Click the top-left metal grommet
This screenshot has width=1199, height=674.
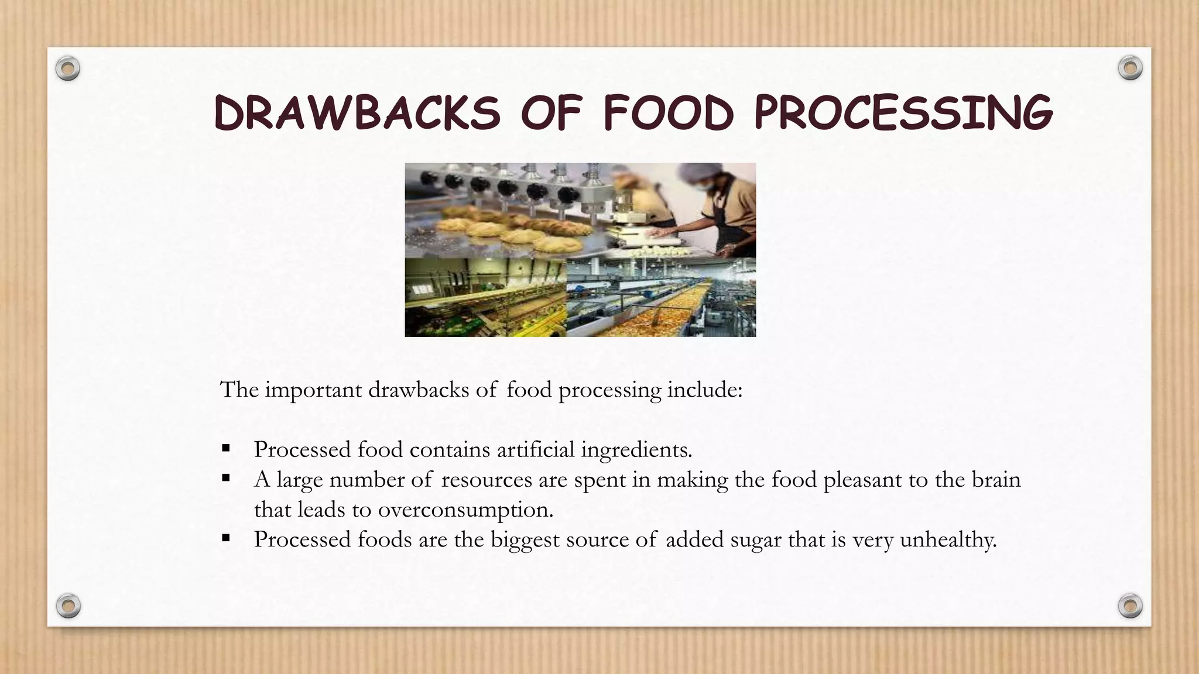(68, 69)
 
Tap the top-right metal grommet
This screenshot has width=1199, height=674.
(1130, 68)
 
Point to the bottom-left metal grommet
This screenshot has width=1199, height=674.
(68, 606)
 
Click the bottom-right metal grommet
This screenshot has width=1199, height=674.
(1130, 606)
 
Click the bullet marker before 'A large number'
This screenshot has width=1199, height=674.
(226, 479)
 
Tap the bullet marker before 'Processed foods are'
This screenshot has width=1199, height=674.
(226, 538)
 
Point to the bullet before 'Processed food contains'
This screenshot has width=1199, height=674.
(226, 449)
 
